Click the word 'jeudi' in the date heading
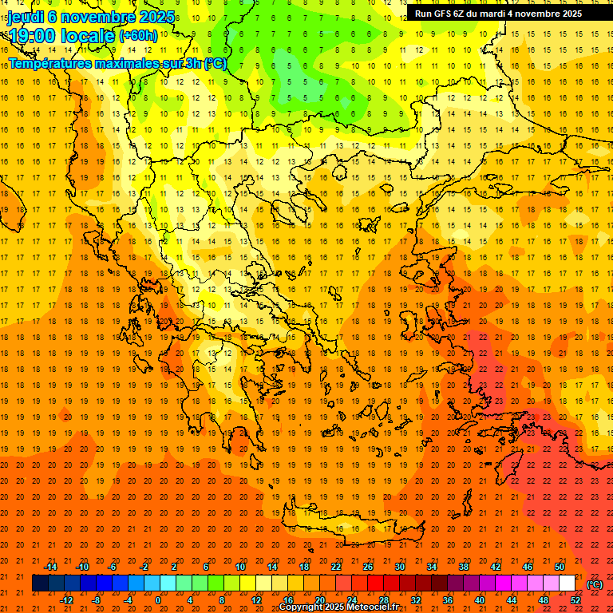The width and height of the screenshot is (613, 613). pyautogui.click(x=25, y=17)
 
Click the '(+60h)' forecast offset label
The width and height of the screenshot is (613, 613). pyautogui.click(x=137, y=36)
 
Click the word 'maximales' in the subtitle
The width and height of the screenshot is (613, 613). pyautogui.click(x=132, y=63)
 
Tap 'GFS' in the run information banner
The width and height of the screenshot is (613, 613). pyautogui.click(x=445, y=14)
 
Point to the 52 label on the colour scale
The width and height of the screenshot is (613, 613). pyautogui.click(x=575, y=599)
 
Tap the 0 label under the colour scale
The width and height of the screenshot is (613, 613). pyautogui.click(x=158, y=599)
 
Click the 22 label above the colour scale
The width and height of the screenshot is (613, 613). pyautogui.click(x=336, y=567)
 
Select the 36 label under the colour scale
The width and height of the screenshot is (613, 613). pyautogui.click(x=448, y=599)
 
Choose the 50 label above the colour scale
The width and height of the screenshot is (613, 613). pyautogui.click(x=560, y=567)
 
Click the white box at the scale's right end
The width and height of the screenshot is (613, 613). pyautogui.click(x=567, y=583)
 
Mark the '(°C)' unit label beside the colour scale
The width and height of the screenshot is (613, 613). pyautogui.click(x=595, y=583)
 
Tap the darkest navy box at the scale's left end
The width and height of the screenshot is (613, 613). pyautogui.click(x=40, y=583)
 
